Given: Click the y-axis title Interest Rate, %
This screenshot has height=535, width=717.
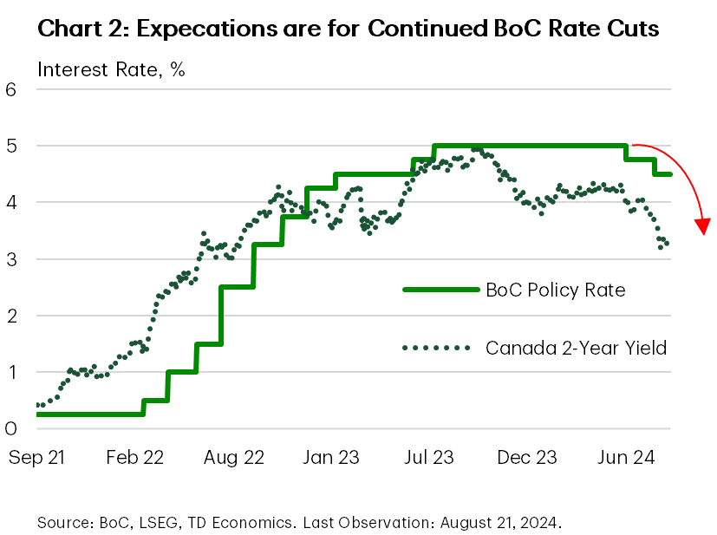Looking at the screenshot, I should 111,70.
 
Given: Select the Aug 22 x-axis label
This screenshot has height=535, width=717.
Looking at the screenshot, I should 232,456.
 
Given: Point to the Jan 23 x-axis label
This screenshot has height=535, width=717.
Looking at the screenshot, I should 330,456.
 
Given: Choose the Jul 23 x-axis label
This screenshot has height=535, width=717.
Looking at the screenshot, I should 428,456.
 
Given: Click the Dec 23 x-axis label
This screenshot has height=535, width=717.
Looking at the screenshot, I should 526,456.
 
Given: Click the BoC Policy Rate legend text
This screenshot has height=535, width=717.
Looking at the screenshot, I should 555,290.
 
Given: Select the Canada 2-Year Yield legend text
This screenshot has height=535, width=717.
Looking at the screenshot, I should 576,348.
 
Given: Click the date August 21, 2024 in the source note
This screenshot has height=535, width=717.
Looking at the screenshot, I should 500,523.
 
